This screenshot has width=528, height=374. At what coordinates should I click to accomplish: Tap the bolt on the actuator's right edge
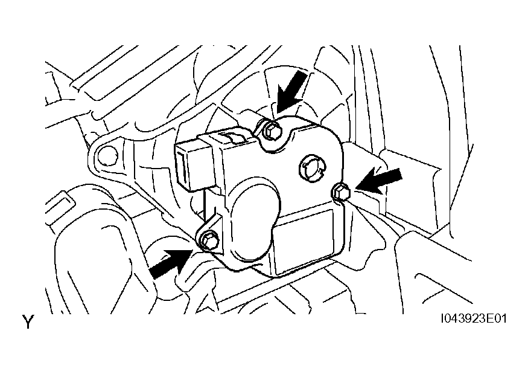[341, 193]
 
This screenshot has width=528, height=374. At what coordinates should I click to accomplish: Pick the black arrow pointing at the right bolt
[378, 181]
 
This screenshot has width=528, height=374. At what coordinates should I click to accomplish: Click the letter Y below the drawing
[28, 322]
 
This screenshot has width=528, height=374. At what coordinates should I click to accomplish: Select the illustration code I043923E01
[474, 318]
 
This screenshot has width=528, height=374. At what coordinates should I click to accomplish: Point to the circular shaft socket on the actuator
[311, 167]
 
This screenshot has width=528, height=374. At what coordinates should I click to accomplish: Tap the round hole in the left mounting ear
[108, 155]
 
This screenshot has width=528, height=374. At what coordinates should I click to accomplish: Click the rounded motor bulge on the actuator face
[254, 222]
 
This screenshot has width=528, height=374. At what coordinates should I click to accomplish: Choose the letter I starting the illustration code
[443, 318]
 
